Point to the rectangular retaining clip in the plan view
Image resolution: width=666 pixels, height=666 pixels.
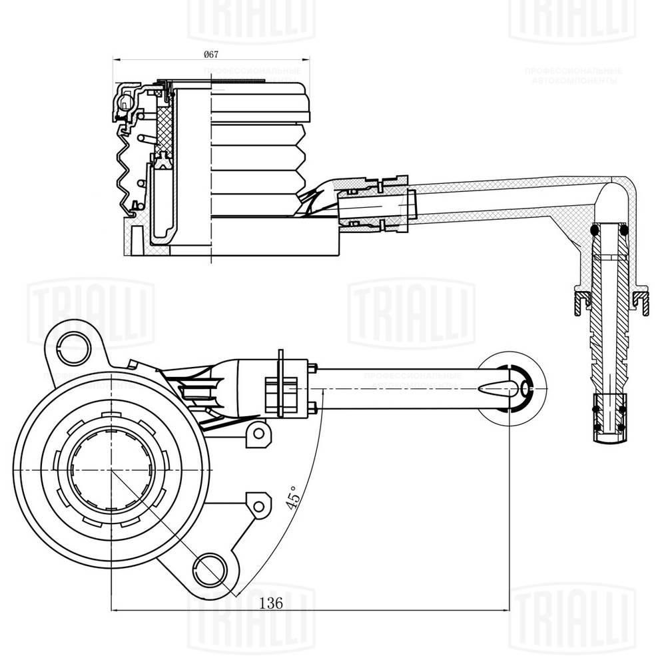(280, 389)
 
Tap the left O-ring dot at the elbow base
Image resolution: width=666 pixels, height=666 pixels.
(593, 230)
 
